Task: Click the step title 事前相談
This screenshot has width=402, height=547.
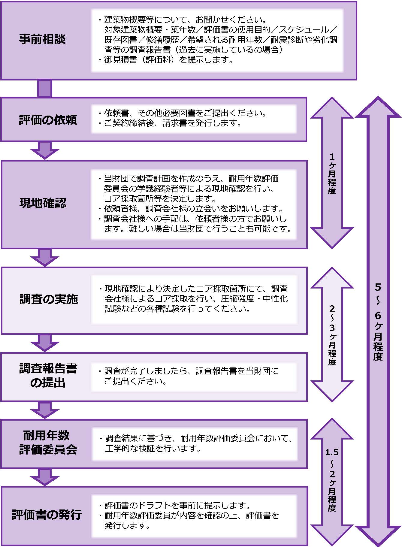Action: pyautogui.click(x=42, y=39)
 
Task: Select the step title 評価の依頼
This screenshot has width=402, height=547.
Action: pyautogui.click(x=48, y=120)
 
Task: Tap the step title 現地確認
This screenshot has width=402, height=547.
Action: pyautogui.click(x=43, y=203)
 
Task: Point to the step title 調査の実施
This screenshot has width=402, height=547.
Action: pyautogui.click(x=49, y=299)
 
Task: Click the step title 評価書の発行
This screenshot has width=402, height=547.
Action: pyautogui.click(x=47, y=515)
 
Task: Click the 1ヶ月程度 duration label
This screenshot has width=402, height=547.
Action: pyautogui.click(x=332, y=174)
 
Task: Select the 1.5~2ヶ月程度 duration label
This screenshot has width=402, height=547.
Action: pyautogui.click(x=332, y=480)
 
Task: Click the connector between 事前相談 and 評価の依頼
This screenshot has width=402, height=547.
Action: pyautogui.click(x=45, y=88)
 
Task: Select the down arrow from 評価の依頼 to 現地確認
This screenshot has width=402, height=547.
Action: pyautogui.click(x=45, y=150)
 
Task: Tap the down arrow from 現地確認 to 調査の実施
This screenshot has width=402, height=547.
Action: pyautogui.click(x=45, y=257)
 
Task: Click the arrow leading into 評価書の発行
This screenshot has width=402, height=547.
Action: pyautogui.click(x=45, y=477)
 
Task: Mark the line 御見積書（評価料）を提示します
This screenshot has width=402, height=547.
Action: pyautogui.click(x=168, y=60)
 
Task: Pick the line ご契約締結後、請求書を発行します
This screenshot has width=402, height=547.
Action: pyautogui.click(x=172, y=123)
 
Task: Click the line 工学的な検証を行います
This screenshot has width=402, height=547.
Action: pyautogui.click(x=153, y=449)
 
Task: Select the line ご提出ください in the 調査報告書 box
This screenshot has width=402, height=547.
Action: pyautogui.click(x=135, y=381)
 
